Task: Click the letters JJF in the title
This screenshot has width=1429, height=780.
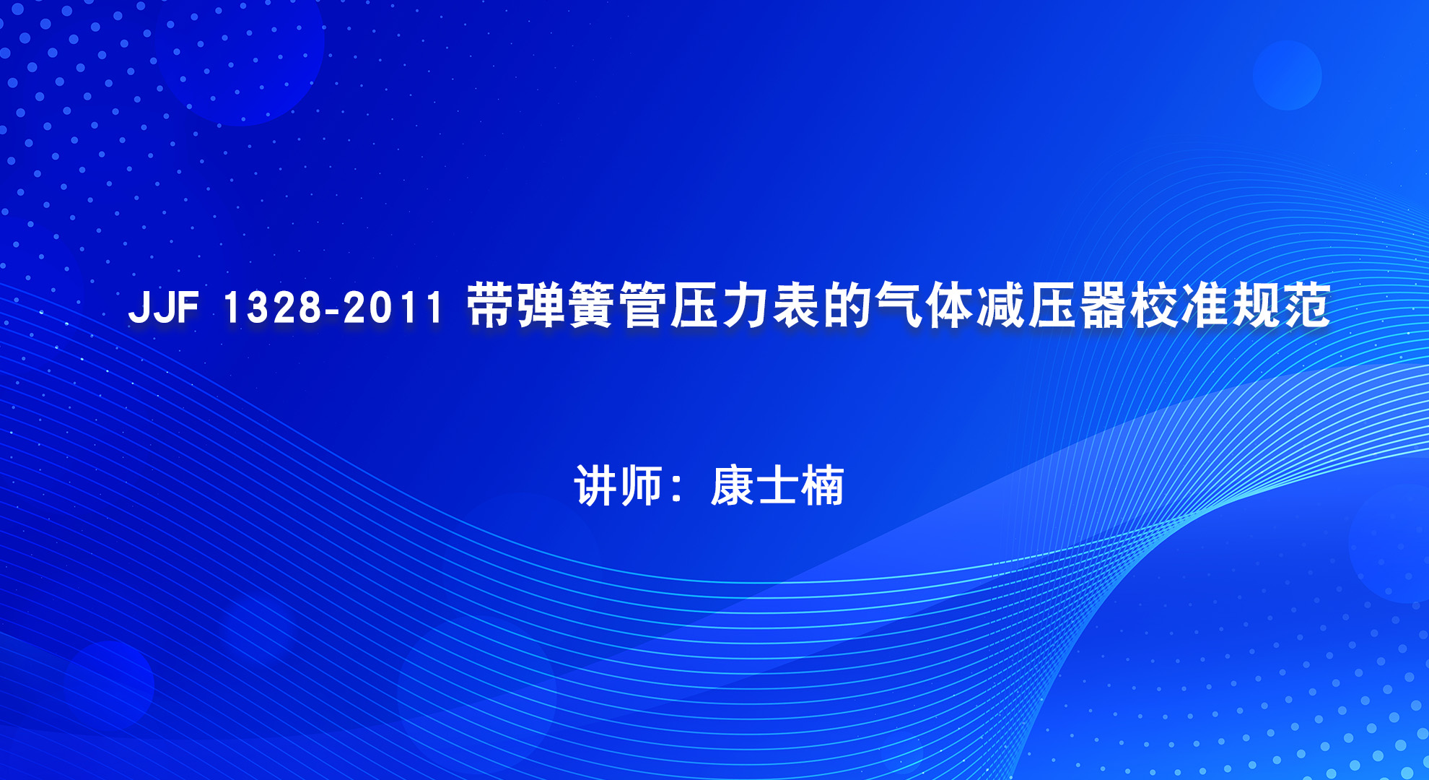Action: click(163, 306)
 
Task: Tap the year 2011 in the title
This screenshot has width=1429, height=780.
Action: click(393, 306)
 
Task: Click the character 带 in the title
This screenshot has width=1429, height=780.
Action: click(491, 305)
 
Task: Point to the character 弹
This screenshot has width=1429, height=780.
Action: click(542, 305)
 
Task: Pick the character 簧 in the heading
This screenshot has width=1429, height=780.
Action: click(593, 305)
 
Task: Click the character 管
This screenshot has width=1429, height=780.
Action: click(644, 305)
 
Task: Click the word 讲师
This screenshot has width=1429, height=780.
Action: click(619, 485)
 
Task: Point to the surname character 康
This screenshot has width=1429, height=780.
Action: click(733, 485)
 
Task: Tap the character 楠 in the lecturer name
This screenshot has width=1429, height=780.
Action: click(822, 485)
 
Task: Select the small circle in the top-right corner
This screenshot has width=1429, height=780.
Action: click(1287, 75)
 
